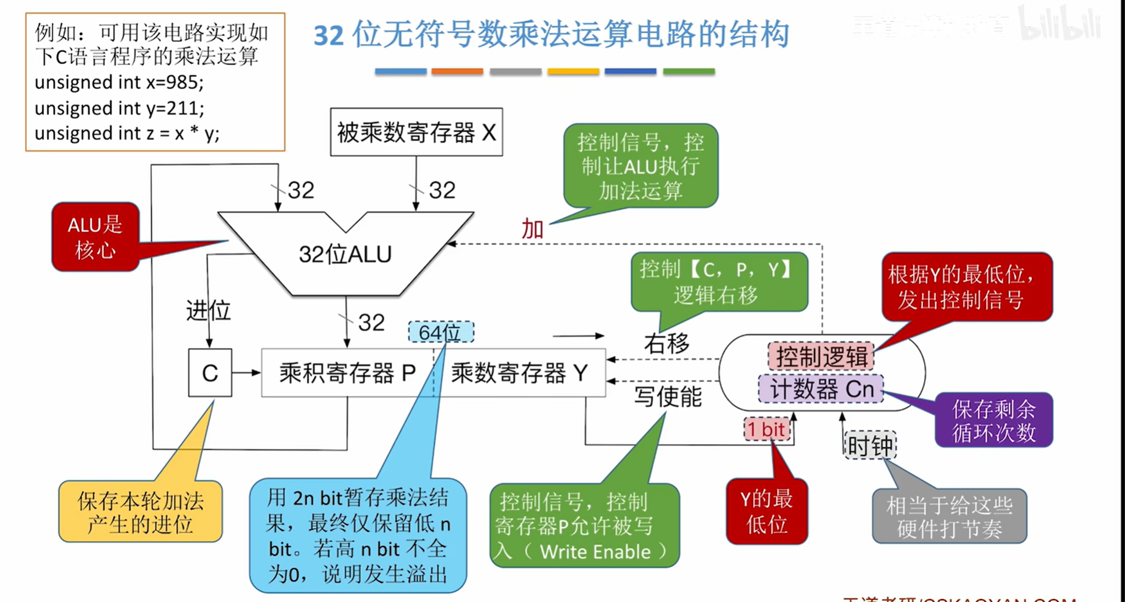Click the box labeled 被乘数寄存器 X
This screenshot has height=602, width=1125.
pos(416,132)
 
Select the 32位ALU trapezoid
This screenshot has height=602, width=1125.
pos(345,255)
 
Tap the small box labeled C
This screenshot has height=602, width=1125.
pos(210,373)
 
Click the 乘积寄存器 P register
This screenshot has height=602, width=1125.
pos(347,373)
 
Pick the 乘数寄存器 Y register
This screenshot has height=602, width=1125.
pos(519,373)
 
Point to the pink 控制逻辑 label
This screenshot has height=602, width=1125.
pos(821,356)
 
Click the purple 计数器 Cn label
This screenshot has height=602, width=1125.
pos(821,389)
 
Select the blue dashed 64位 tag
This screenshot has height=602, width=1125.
pos(441,332)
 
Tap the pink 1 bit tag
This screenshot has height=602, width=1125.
pos(767,429)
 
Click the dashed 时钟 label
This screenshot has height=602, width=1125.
pos(870,445)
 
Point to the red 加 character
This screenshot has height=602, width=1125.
pos(532,229)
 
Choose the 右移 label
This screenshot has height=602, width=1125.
pos(667,343)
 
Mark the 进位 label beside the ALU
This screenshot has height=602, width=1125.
pos(208,311)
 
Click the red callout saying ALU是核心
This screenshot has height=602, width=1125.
pos(95,237)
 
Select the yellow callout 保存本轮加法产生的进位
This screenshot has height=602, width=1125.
pos(140,511)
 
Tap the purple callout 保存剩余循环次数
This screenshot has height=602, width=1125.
pos(993,420)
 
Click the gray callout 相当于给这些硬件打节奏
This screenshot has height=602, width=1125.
pos(949,516)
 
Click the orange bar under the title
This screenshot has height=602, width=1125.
pos(457,72)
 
